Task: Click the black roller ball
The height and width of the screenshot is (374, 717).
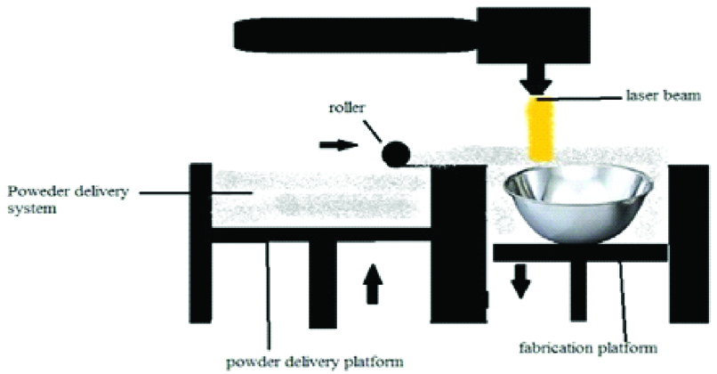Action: tap(392, 154)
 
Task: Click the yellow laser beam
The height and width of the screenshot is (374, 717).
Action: tap(537, 129)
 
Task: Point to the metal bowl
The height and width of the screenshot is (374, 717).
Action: tap(579, 206)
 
